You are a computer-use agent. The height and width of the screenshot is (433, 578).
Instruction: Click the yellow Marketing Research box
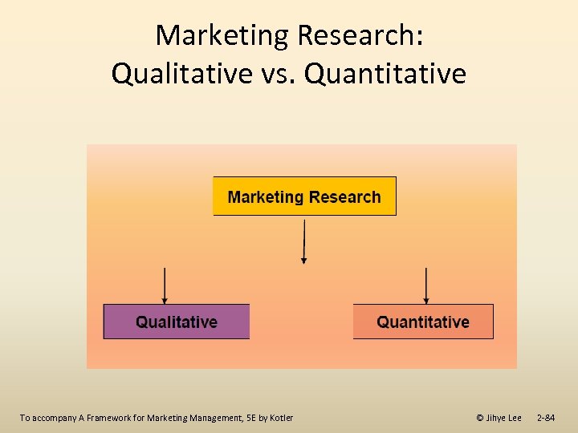click(304, 196)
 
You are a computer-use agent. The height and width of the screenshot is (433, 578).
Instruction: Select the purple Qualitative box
click(177, 322)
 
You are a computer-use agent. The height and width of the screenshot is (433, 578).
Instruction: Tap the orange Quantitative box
click(423, 322)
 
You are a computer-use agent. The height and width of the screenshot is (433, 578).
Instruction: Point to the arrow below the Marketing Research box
click(303, 241)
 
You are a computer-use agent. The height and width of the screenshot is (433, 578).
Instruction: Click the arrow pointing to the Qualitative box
click(165, 285)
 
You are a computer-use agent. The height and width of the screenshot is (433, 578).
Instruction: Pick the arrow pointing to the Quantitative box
click(425, 285)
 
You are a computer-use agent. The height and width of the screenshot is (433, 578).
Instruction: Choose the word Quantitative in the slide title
click(385, 74)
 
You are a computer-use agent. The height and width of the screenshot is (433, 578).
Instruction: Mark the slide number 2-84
click(545, 418)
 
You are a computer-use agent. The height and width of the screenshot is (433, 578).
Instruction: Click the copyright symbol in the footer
click(479, 418)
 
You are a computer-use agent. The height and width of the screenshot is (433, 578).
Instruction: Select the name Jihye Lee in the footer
click(504, 418)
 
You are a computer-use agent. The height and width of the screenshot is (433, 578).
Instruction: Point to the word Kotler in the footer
click(281, 418)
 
